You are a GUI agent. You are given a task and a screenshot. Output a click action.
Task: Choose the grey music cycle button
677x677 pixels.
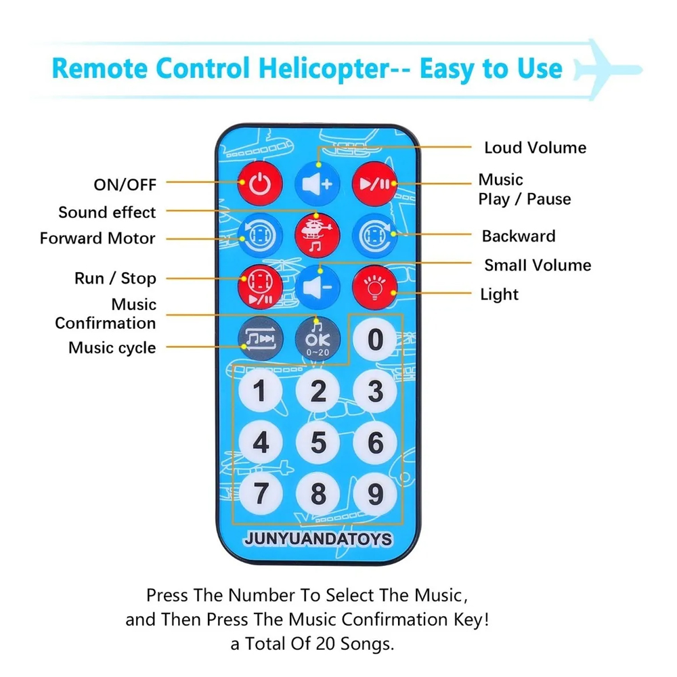tap(259, 336)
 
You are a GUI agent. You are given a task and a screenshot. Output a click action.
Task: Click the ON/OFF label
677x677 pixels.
tap(125, 184)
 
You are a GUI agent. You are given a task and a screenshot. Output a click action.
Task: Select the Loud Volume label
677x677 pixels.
tap(535, 148)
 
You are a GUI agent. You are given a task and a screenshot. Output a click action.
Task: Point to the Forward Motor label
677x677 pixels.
tap(97, 238)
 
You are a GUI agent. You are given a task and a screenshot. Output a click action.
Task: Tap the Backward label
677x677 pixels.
tap(519, 236)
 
